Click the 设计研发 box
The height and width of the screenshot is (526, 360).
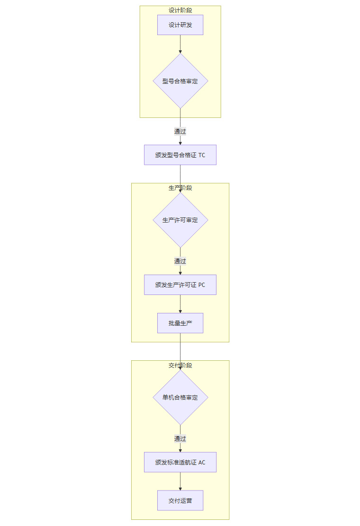180,25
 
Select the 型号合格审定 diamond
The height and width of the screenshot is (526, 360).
180,81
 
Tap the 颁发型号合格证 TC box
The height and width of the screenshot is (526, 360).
180,155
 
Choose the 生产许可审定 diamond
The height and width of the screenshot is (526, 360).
180,220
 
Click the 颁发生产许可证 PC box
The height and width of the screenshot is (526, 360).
180,285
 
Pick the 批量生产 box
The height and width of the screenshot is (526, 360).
180,323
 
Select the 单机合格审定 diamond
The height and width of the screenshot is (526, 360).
180,398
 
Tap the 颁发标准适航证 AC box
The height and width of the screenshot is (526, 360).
180,463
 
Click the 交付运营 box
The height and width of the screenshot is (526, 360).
180,500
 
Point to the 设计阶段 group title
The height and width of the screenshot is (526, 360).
180,10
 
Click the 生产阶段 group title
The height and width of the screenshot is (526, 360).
180,188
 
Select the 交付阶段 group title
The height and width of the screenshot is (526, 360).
180,366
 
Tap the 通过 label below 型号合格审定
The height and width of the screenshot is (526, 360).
180,131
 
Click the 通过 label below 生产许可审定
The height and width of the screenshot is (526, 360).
180,261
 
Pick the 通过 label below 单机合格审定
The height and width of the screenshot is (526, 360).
180,438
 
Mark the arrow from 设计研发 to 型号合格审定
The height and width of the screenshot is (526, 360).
180,44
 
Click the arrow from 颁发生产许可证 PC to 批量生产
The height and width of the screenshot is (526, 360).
180,304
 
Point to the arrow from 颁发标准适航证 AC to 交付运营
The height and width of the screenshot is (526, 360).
180,481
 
